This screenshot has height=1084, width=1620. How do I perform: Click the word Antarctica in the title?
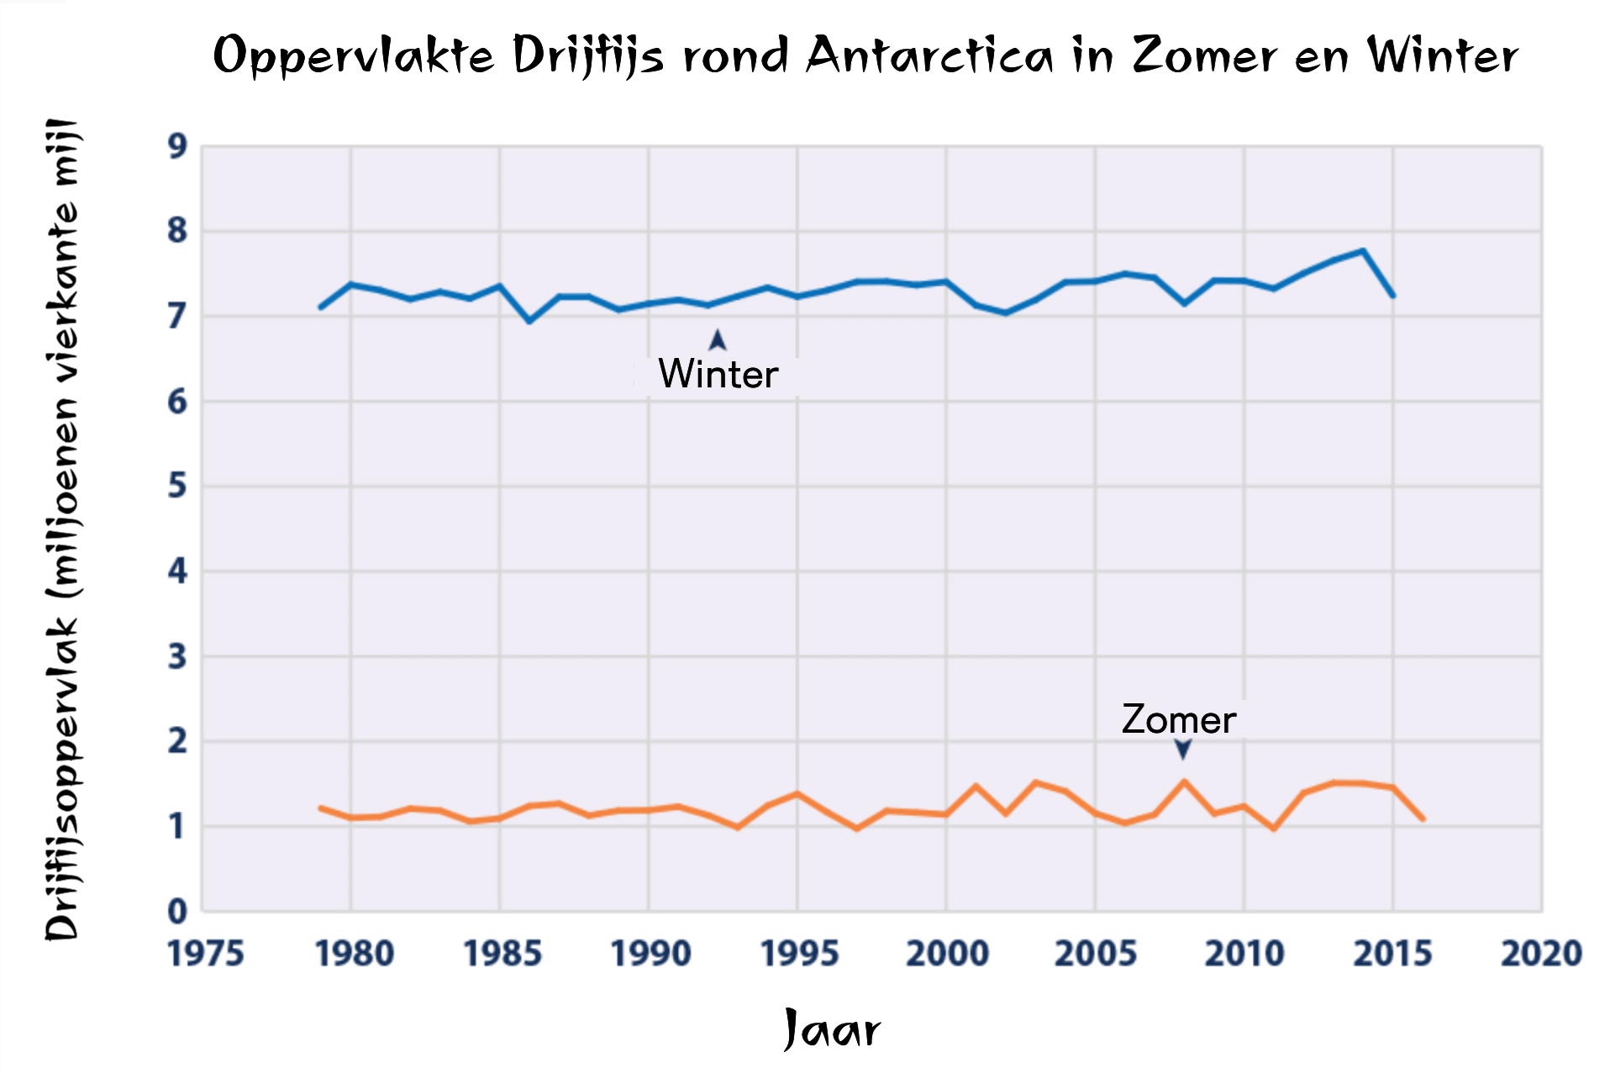(x=928, y=56)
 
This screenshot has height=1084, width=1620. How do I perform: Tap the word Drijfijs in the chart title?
(x=588, y=57)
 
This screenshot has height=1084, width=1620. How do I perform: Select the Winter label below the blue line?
(x=718, y=374)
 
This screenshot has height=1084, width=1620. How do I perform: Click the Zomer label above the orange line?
(x=1178, y=720)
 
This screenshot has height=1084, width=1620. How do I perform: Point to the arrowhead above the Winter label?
(x=718, y=339)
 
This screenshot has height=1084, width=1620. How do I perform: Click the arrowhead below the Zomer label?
(x=1183, y=748)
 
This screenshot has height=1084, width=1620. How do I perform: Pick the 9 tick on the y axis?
(x=177, y=147)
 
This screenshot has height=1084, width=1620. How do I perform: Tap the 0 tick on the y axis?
(x=177, y=911)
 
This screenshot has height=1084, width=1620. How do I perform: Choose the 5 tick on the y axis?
(x=177, y=487)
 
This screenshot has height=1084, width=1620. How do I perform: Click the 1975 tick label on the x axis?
(x=206, y=954)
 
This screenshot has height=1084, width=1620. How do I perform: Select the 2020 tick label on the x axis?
(x=1541, y=954)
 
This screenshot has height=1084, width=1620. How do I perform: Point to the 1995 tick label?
(x=799, y=954)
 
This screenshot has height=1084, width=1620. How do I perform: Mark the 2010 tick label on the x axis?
(x=1244, y=954)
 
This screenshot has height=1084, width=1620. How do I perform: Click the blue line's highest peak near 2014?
(x=1363, y=250)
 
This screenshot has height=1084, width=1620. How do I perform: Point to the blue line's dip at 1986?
(x=529, y=321)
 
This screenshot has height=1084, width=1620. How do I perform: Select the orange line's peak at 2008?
(x=1184, y=781)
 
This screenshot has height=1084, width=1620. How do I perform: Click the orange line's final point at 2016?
(x=1423, y=818)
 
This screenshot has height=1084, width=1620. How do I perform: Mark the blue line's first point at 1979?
(x=321, y=307)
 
